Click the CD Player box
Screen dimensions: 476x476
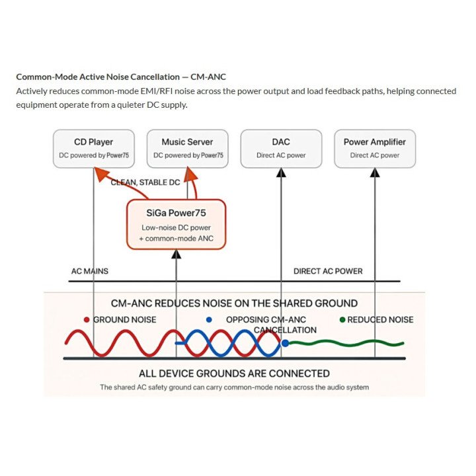tap(93, 149)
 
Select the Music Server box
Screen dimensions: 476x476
tap(187, 149)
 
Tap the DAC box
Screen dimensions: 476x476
tap(281, 149)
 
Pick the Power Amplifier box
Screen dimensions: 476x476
tap(375, 149)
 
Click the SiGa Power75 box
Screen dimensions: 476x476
tap(176, 224)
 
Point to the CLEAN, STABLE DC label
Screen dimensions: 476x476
tap(145, 182)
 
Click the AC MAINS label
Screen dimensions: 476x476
tap(89, 271)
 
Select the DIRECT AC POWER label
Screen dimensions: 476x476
tap(328, 271)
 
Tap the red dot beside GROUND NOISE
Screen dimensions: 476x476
tap(87, 320)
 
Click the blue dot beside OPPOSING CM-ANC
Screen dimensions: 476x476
tap(209, 320)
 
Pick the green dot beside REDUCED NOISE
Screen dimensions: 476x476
tap(342, 320)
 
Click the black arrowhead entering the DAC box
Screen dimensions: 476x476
tap(281, 173)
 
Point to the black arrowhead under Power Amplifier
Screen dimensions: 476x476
tap(375, 173)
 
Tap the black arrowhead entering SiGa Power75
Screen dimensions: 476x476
tap(176, 254)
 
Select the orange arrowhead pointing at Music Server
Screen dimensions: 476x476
tap(191, 174)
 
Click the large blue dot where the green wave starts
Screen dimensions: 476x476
tap(285, 343)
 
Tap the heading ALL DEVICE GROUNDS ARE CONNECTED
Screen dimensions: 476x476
tap(234, 374)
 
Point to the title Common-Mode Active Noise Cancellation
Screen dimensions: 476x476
tap(98, 77)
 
